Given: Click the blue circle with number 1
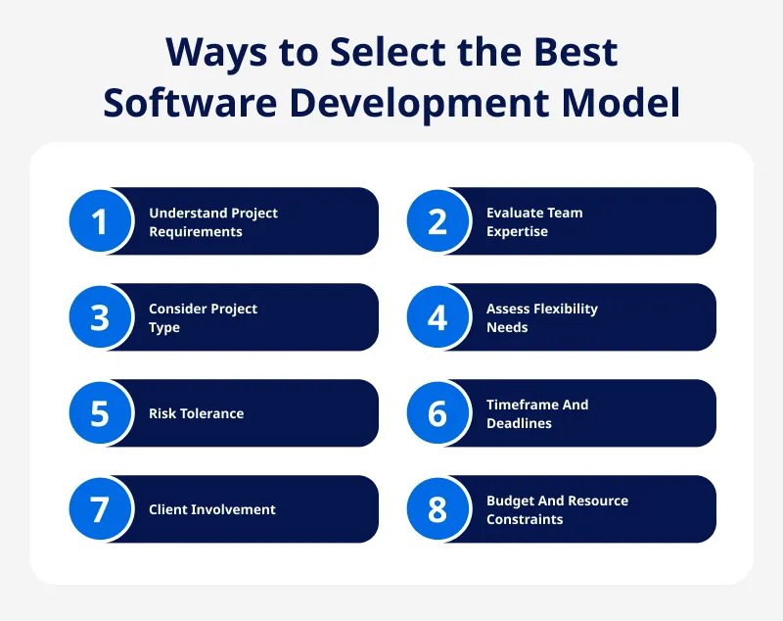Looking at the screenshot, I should tap(100, 221).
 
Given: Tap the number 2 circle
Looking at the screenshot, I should tap(438, 221).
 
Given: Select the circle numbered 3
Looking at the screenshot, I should tap(100, 317).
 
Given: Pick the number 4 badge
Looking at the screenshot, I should tap(438, 317).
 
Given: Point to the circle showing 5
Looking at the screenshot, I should tap(100, 413).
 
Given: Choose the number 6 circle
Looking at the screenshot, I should tap(438, 413).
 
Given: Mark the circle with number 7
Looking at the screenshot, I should tap(100, 509).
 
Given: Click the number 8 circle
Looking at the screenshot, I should tap(438, 509).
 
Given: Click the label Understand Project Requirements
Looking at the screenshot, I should tap(213, 222).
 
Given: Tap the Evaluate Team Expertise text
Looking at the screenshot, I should tap(534, 222).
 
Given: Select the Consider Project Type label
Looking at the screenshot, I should tap(203, 318).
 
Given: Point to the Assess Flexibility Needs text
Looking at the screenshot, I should tap(541, 318).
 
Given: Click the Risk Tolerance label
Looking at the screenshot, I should tap(196, 413).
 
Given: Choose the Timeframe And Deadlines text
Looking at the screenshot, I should tap(537, 414).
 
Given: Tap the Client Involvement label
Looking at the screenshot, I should tap(211, 509).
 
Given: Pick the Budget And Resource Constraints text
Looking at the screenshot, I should tap(557, 510).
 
